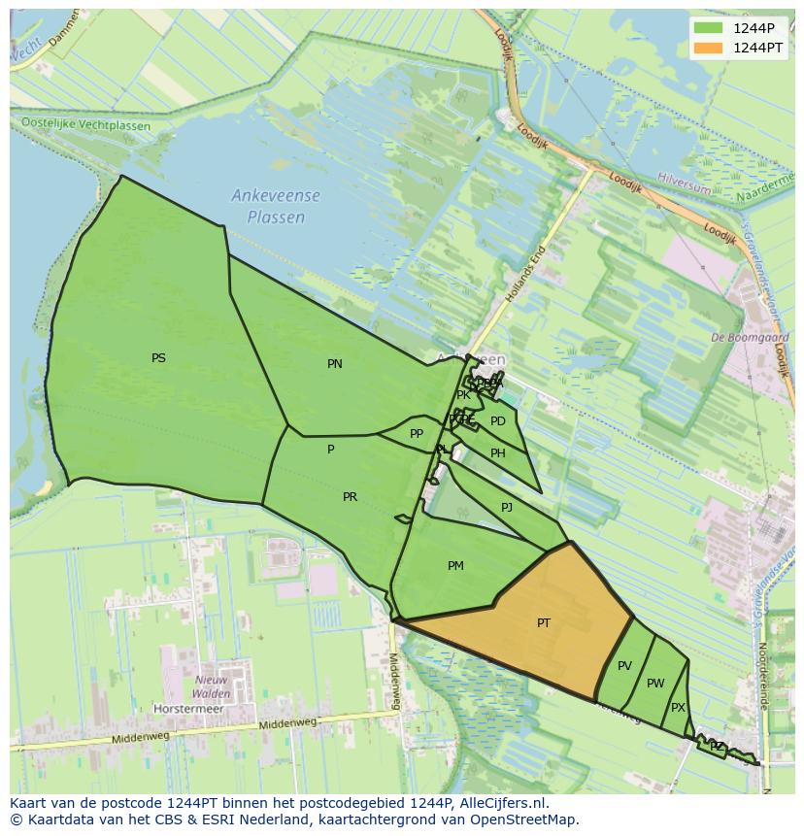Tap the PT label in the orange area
[544, 623]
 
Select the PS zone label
[158, 358]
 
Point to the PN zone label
[335, 364]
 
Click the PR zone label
[350, 497]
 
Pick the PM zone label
[455, 566]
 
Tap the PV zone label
[624, 666]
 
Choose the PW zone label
[655, 684]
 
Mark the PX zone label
[678, 708]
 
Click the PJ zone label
[507, 508]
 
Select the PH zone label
[498, 453]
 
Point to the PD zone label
[498, 421]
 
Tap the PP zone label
[417, 434]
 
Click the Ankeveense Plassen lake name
[276, 207]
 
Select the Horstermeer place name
[188, 709]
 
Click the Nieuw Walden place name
[212, 686]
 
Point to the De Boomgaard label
[750, 338]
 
